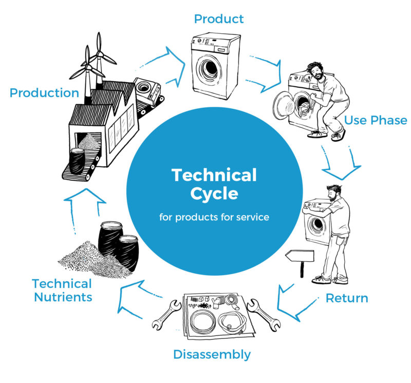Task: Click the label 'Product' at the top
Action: tap(218, 19)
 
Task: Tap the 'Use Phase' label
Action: tap(376, 120)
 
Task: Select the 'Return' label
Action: tap(347, 298)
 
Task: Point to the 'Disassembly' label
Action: tap(212, 354)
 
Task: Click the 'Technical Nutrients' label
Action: tap(62, 290)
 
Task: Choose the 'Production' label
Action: tap(44, 93)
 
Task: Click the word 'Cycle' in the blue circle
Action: tap(214, 194)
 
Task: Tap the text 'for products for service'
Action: tap(214, 217)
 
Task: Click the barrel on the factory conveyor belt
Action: tap(78, 159)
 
